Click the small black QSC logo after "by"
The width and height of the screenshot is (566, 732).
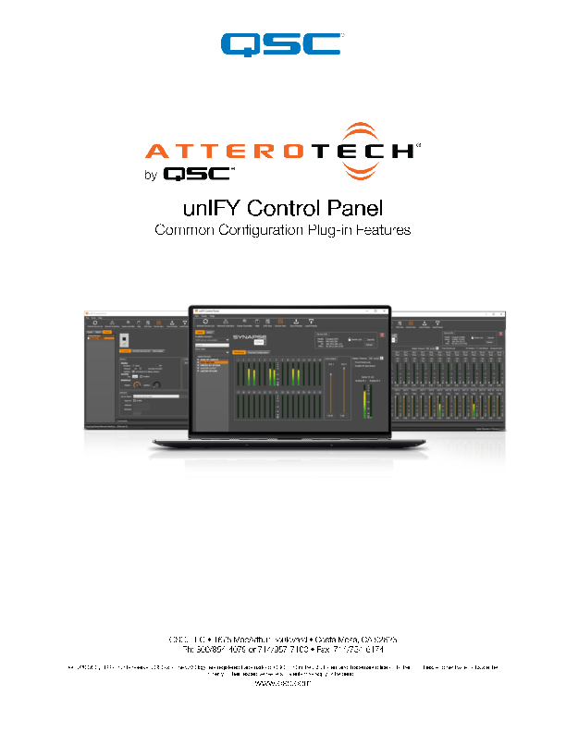coord(198,173)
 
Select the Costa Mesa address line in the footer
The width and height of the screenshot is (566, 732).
coord(282,639)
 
